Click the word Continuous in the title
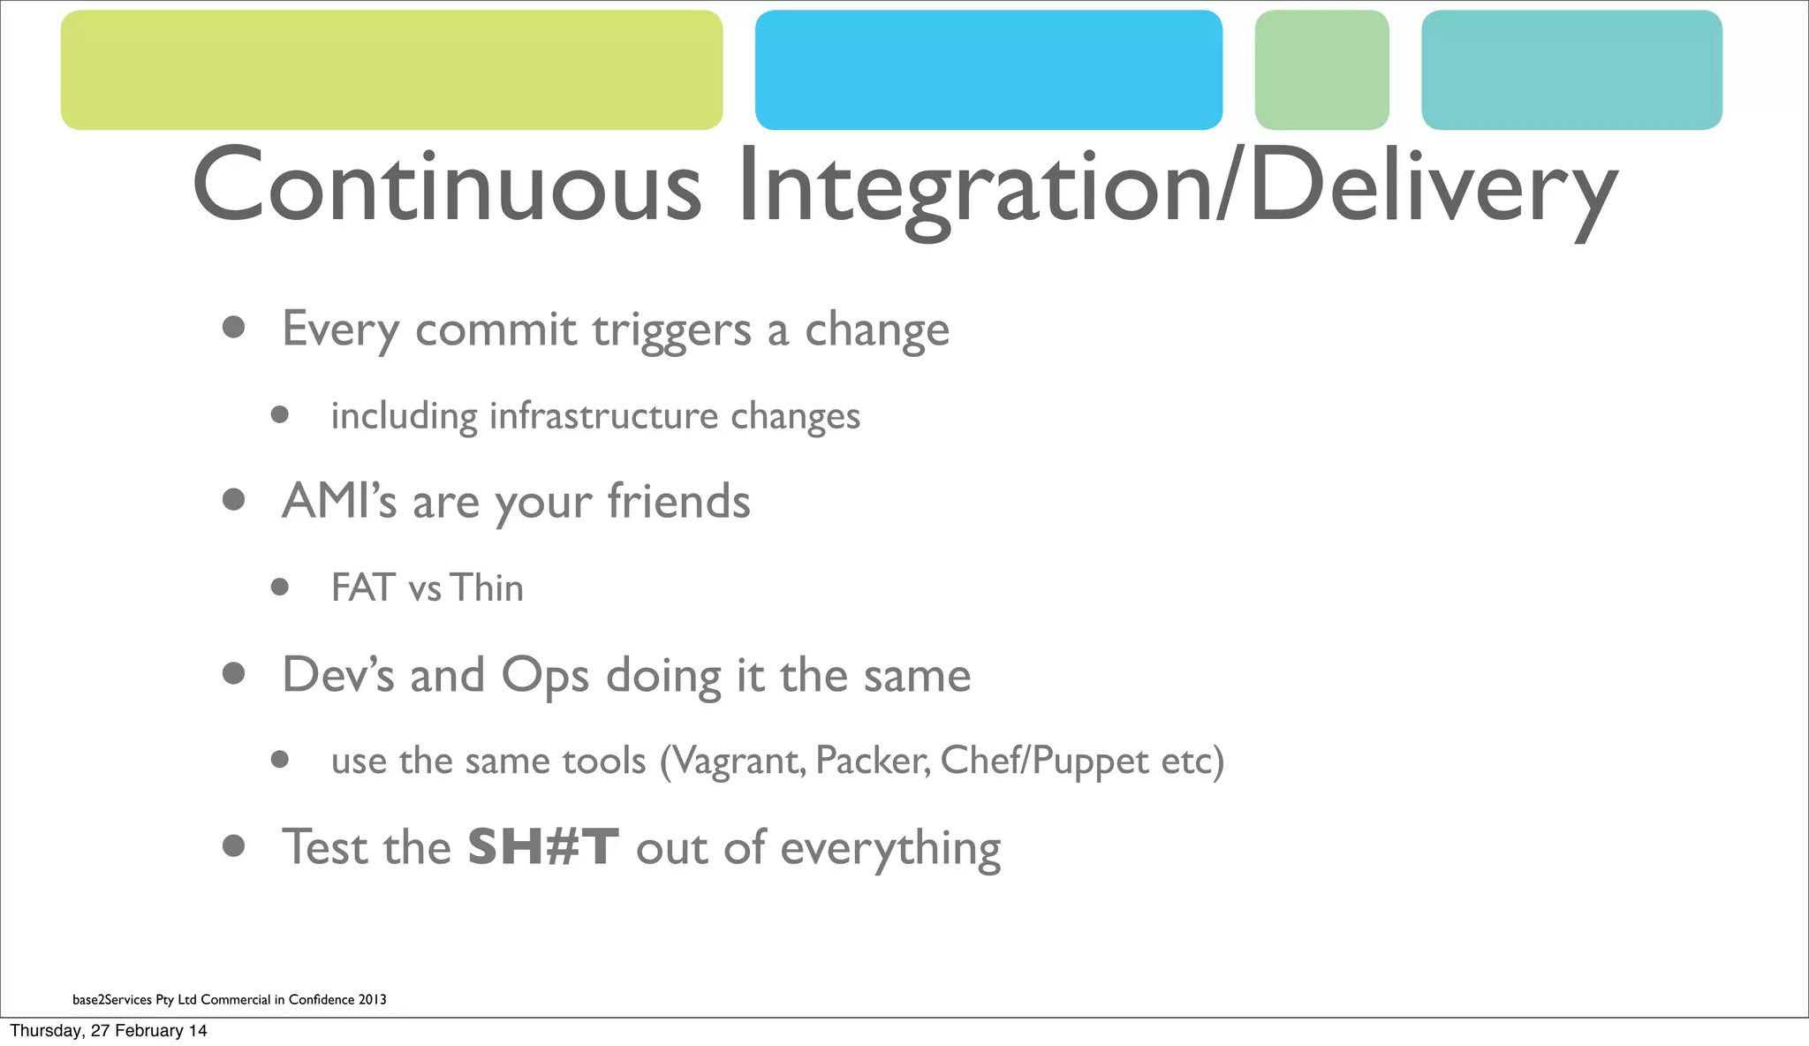[446, 186]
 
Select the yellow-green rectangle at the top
[391, 70]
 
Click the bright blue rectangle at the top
[988, 70]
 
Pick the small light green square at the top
[1321, 70]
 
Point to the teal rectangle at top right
[1571, 70]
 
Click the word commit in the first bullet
[496, 330]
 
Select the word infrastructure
[603, 416]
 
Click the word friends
[678, 501]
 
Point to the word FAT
[362, 588]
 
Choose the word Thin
[487, 588]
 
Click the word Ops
[544, 676]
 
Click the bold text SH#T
[542, 847]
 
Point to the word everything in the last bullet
[890, 849]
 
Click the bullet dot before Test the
[234, 846]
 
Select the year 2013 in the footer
[372, 999]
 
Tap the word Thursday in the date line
[45, 1030]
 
